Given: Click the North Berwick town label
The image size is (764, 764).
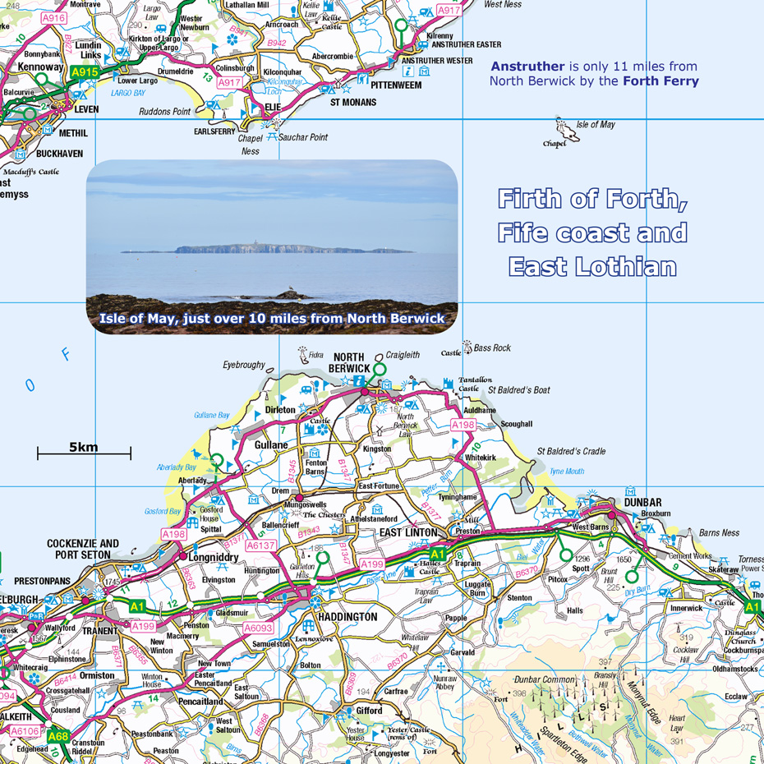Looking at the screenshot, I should click(351, 362).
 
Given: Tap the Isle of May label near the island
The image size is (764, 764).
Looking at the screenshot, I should click(596, 125).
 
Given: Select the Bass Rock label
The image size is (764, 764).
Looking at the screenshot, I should click(492, 348).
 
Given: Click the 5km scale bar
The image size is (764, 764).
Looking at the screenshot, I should click(84, 451).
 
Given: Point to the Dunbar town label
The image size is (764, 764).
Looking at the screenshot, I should click(642, 502).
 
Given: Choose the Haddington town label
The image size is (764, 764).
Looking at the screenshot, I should click(347, 617).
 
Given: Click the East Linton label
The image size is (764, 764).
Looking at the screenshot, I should click(408, 532).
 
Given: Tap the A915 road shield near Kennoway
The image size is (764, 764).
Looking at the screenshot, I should click(85, 73).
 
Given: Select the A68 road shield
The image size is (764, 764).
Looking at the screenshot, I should click(58, 737).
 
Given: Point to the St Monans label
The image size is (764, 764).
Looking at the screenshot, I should click(353, 103).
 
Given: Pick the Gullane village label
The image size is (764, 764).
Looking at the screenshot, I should click(271, 445).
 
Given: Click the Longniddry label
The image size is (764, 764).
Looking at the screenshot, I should click(214, 557).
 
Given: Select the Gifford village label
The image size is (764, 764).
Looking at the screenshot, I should click(369, 711).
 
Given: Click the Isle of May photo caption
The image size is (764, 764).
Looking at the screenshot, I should click(272, 318).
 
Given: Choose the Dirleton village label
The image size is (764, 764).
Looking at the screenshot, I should click(280, 409).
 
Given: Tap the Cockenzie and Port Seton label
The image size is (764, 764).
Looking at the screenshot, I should click(83, 549).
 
